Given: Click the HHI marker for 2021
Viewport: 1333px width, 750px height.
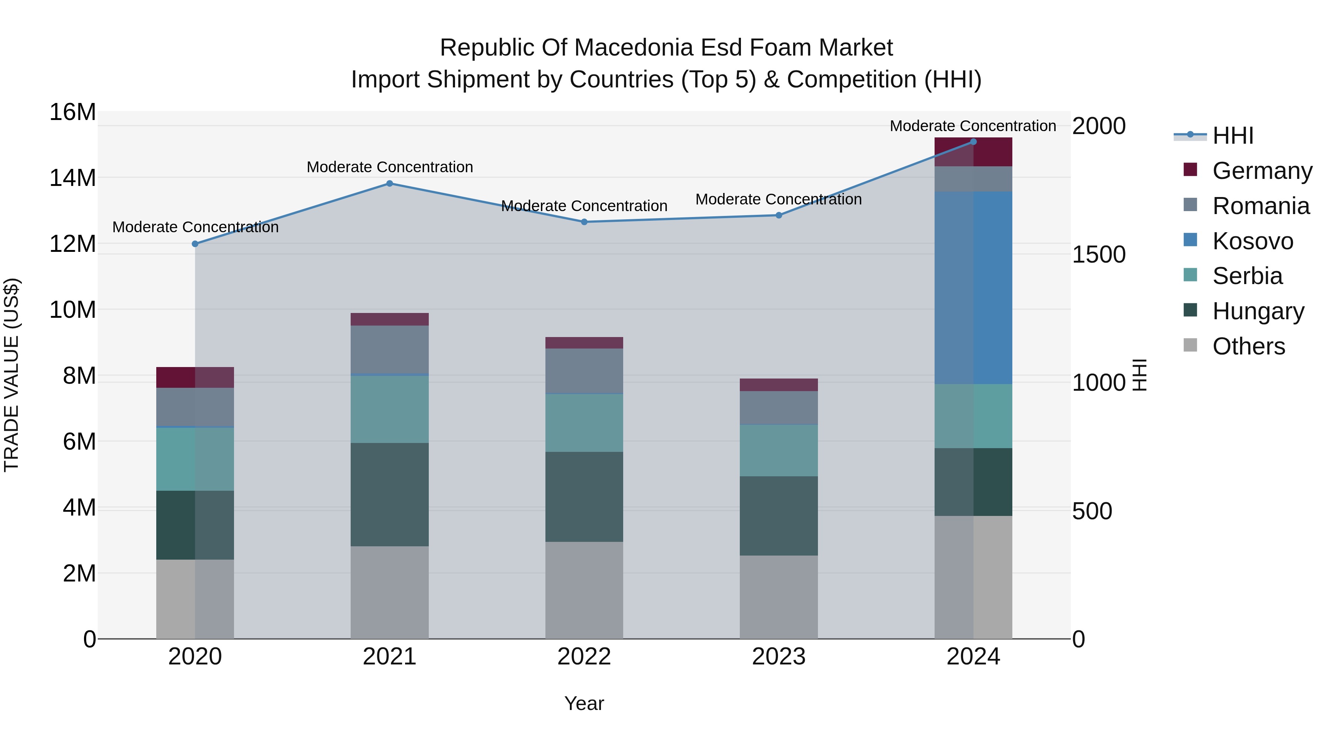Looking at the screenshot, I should (390, 183).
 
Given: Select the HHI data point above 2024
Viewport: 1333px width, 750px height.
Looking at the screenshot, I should (973, 141).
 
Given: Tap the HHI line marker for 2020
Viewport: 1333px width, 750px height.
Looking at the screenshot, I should (195, 244).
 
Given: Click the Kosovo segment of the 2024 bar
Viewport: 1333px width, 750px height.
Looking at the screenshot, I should (973, 288).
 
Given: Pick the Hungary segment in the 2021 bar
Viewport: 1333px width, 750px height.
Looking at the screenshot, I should (390, 494).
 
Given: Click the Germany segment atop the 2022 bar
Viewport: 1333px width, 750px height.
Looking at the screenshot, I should (584, 343).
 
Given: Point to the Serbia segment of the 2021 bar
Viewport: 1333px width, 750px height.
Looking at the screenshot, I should (390, 409).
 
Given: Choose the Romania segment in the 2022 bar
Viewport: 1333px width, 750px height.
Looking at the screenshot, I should (584, 371).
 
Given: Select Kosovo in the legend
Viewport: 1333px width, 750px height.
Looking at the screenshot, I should (1253, 241).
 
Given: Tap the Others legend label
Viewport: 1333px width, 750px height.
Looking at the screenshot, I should (1249, 346).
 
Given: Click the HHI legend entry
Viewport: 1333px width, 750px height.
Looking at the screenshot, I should (1233, 136).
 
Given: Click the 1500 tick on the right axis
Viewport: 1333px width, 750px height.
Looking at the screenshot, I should (1099, 255).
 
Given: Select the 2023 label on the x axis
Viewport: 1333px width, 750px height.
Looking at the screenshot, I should (779, 657).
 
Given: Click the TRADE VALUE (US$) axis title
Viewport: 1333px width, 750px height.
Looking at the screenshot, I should (11, 375).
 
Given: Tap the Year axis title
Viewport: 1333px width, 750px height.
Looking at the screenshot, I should (584, 703).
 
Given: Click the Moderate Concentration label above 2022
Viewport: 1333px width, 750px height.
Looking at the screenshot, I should (584, 206).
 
